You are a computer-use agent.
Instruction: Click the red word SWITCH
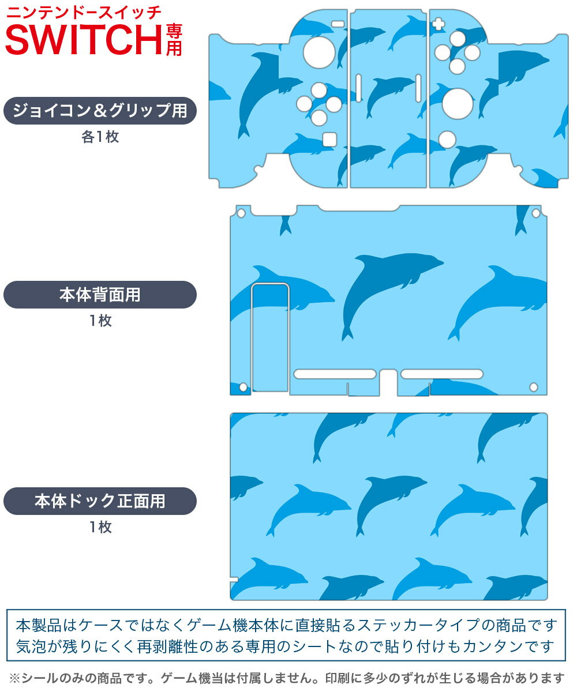84,40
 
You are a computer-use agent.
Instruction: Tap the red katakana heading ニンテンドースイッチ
84,13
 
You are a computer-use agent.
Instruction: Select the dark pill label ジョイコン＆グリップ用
100,110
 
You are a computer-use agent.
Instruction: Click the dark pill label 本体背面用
100,295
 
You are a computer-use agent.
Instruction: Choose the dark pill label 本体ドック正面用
100,501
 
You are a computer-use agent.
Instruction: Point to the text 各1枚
100,137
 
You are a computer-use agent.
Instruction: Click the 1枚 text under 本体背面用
100,321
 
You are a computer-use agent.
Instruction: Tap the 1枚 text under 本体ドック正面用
100,526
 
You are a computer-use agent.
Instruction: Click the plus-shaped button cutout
438,24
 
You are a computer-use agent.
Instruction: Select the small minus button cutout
338,24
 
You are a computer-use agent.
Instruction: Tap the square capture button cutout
329,139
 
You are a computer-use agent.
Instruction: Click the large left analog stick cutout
319,52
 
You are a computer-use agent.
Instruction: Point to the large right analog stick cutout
458,104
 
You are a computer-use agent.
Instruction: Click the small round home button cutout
447,140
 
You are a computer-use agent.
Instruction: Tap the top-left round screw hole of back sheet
241,213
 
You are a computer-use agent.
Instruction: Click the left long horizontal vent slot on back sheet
335,374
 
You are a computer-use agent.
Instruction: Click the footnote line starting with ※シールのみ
287,678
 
